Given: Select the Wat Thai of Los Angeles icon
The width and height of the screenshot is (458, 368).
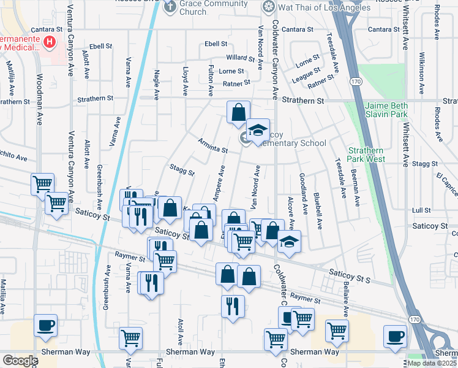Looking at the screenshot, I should (x=268, y=7).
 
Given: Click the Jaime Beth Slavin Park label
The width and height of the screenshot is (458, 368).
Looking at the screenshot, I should (x=386, y=110).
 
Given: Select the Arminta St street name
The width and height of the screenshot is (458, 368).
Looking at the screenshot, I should (x=212, y=145).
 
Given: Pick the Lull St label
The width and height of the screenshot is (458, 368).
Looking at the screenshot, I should (x=421, y=210).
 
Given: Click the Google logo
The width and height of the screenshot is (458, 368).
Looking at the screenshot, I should (x=20, y=361).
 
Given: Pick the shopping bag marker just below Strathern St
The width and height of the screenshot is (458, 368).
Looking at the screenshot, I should (x=238, y=113).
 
